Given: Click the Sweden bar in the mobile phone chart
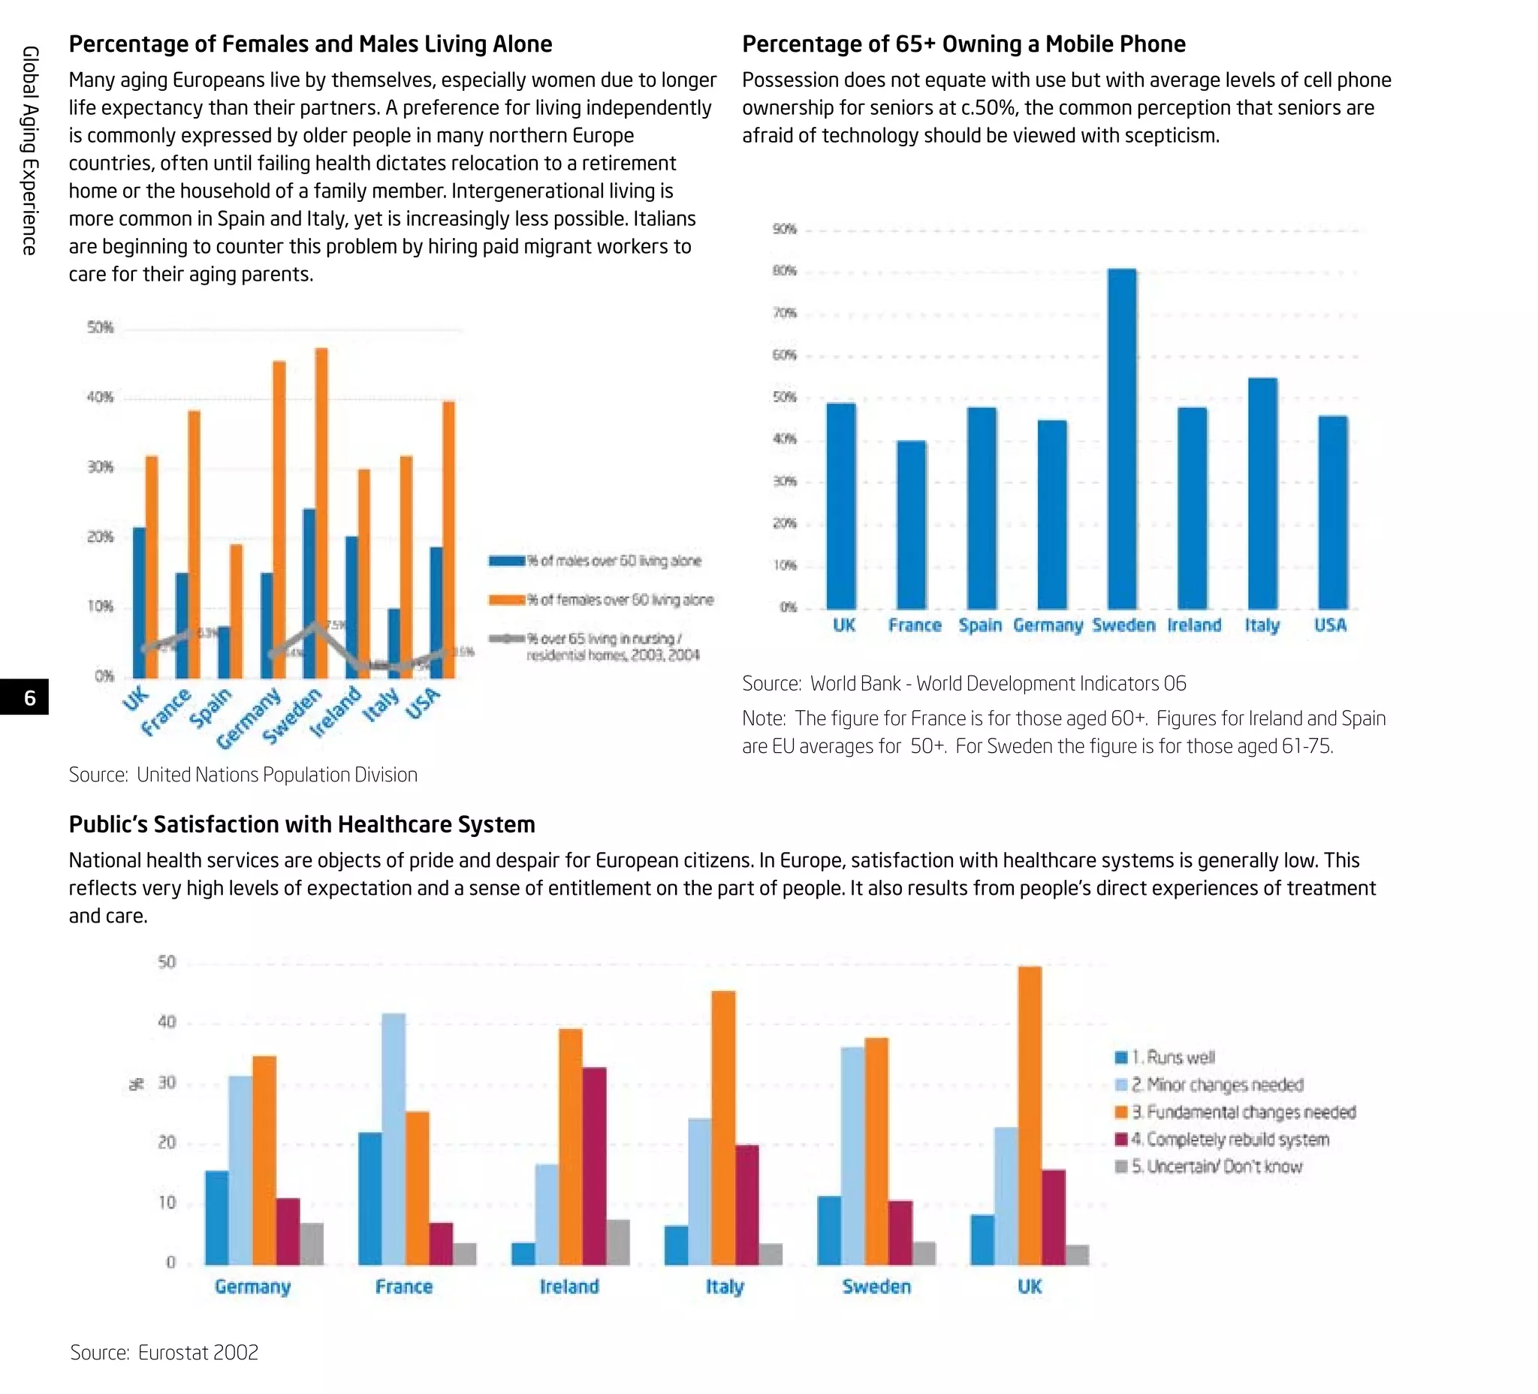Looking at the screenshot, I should tap(1121, 438).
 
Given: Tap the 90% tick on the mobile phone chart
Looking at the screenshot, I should tap(784, 229).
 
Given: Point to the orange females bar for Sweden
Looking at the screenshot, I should tap(322, 513).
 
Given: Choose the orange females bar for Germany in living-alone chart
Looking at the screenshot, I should tap(279, 519).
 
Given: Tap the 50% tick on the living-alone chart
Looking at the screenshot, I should tap(100, 327).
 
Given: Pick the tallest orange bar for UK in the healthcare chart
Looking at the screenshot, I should tap(1030, 1116).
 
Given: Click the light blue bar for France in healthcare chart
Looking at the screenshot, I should tap(394, 1140).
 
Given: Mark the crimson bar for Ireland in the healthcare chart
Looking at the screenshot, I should tap(594, 1166).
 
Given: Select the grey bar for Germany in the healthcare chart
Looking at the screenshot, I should tap(312, 1244).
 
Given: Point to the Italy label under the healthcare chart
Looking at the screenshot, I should tap(724, 1287).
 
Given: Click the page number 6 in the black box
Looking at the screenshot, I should tap(29, 697).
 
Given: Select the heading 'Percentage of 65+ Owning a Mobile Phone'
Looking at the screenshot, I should tap(964, 44).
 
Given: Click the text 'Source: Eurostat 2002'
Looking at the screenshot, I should tap(164, 1352).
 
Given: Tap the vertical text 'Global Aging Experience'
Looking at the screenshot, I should tap(29, 150).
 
